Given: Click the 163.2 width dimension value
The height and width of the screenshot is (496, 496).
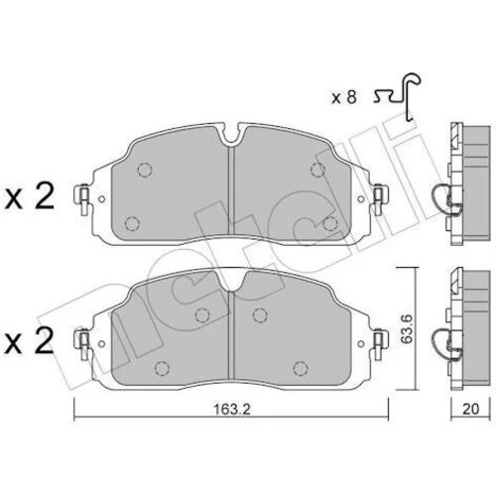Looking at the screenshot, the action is click(x=232, y=410).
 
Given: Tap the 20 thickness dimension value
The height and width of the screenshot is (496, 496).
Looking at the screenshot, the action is click(x=470, y=409).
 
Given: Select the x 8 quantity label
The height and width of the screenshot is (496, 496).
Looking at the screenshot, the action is click(x=344, y=98).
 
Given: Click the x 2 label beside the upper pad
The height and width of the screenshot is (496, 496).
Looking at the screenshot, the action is click(x=30, y=197).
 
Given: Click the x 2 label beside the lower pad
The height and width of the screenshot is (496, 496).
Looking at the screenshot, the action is click(x=30, y=341).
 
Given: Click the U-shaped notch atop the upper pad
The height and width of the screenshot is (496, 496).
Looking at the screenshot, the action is click(x=233, y=135).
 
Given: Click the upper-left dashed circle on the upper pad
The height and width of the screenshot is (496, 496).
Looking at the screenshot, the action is click(x=145, y=170).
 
